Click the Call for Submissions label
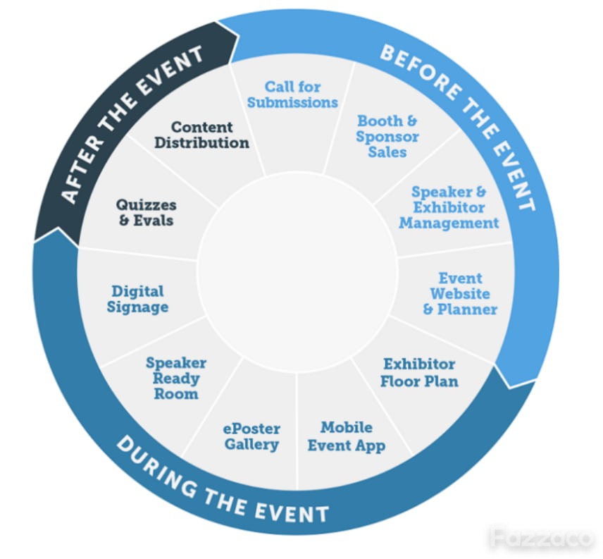(292, 94)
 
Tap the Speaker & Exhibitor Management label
(449, 207)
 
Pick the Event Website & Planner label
(460, 293)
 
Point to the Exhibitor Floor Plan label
(419, 373)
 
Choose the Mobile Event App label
(346, 436)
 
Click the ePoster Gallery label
(251, 436)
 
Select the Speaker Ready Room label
(176, 378)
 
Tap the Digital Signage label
(137, 299)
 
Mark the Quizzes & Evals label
(146, 212)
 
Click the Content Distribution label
(202, 135)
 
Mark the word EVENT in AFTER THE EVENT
(172, 60)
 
